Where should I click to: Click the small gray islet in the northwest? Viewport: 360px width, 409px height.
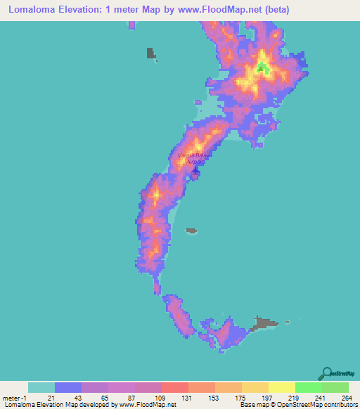pyautogui.click(x=150, y=53)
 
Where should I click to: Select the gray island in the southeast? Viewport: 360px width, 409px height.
pyautogui.click(x=265, y=323)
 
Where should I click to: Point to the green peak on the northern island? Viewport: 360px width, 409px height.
pyautogui.click(x=262, y=68)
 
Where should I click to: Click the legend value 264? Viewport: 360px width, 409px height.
pyautogui.click(x=347, y=397)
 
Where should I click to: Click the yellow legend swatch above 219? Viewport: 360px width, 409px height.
pyautogui.click(x=281, y=387)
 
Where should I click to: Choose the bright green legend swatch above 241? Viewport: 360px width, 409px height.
pyautogui.click(x=308, y=387)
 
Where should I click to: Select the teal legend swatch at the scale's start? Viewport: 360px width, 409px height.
pyautogui.click(x=41, y=387)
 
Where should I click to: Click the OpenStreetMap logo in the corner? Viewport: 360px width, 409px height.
pyautogui.click(x=337, y=375)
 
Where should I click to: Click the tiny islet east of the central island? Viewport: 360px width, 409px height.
pyautogui.click(x=191, y=229)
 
